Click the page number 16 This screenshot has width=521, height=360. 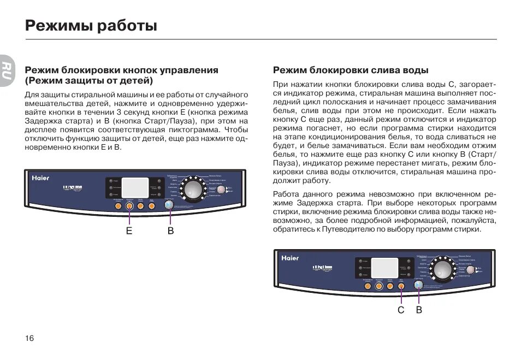coord(29,338)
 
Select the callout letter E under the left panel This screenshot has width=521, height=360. coord(129,231)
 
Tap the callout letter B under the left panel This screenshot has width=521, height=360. coord(170,231)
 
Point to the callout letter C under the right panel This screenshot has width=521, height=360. coord(401,310)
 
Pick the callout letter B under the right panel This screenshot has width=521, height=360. coord(419,310)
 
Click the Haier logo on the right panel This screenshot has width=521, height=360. coord(290,258)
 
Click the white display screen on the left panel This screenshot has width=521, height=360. coord(135,187)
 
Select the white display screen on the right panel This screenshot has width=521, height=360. coord(384,267)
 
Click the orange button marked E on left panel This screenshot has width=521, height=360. coord(129,206)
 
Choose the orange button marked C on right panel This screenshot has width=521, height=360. coord(401,286)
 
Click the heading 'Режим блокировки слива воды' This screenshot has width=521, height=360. coord(351,70)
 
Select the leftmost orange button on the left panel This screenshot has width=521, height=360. coord(118,206)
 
